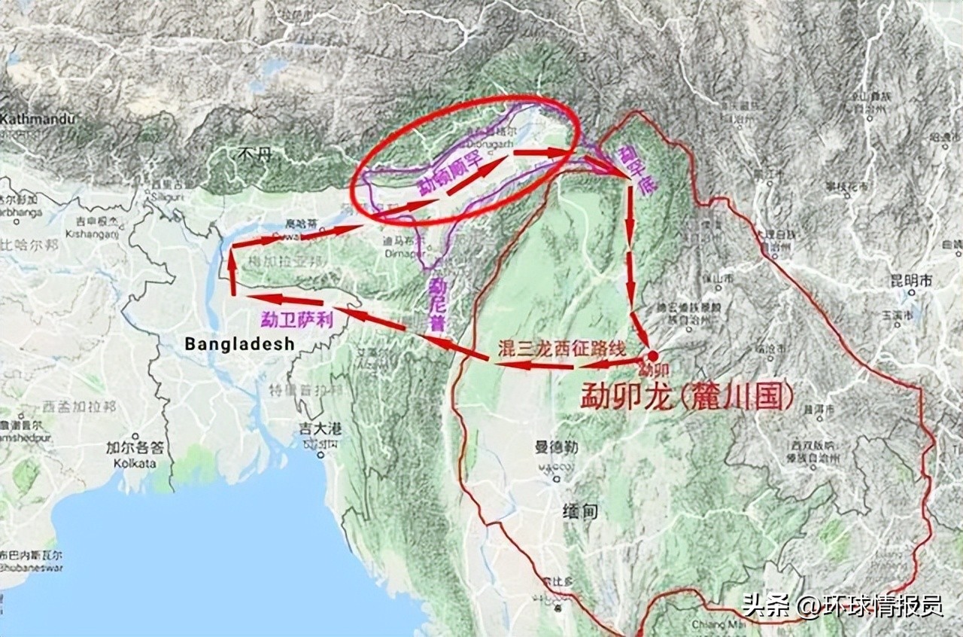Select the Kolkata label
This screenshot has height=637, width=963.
tap(135, 463)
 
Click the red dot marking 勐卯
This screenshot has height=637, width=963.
tap(652, 356)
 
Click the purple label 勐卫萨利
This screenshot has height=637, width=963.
tap(296, 318)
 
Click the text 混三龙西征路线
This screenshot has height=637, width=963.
tap(561, 348)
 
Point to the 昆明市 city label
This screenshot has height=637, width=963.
tap(911, 280)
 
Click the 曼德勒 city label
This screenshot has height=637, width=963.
tap(556, 447)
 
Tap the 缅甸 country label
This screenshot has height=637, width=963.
tap(581, 511)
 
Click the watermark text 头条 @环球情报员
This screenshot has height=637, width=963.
tap(843, 605)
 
